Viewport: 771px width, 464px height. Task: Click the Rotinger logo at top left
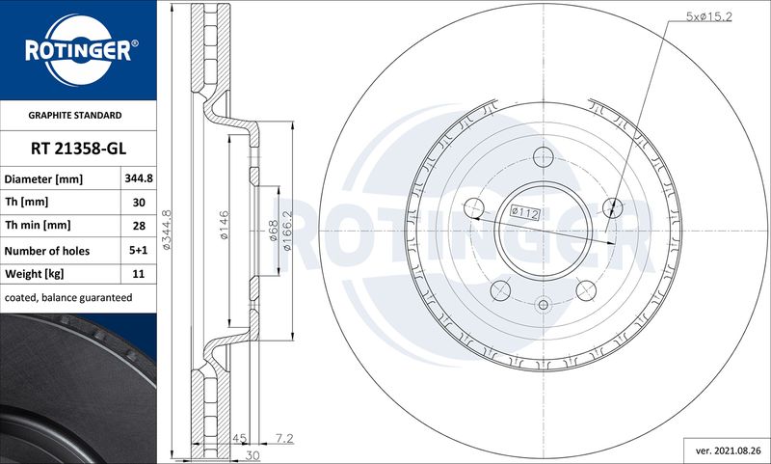(x=78, y=50)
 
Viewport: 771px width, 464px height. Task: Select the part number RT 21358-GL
(x=78, y=149)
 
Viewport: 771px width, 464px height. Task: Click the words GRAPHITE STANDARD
(x=75, y=115)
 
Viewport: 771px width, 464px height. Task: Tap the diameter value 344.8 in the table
(x=139, y=178)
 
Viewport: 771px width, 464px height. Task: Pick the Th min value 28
(x=139, y=226)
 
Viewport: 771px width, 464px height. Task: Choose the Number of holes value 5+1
(x=139, y=251)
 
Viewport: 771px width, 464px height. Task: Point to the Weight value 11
(x=139, y=274)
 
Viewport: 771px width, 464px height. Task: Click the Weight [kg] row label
(x=34, y=274)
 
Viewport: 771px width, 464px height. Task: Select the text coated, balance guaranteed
(x=68, y=298)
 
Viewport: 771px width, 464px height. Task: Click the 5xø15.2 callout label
(x=709, y=16)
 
